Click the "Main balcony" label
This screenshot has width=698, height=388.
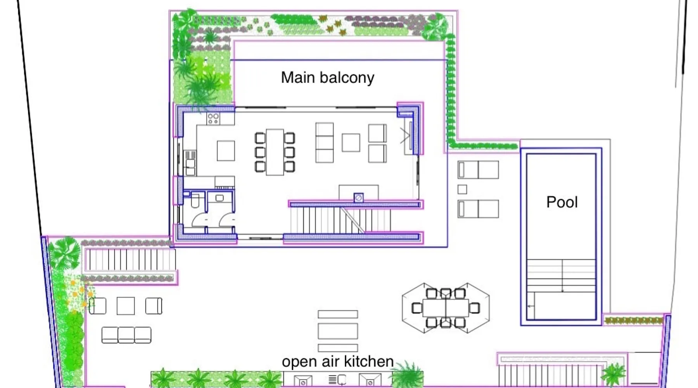tap(328, 78)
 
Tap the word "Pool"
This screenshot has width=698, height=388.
tap(562, 202)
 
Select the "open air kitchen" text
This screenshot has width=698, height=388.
tap(338, 362)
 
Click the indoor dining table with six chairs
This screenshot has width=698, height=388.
tap(275, 152)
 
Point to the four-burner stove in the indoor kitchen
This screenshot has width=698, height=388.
tap(213, 119)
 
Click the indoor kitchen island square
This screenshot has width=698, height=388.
tap(226, 151)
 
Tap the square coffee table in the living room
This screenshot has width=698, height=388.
tap(351, 142)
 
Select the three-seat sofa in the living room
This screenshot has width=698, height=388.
tap(325, 143)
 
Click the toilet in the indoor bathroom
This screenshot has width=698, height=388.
tap(195, 201)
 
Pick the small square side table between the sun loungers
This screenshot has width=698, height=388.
tap(462, 189)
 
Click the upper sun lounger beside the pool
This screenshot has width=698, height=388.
tap(478, 170)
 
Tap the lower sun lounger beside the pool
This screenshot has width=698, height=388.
tap(478, 209)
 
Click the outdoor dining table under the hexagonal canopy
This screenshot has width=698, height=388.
tap(446, 308)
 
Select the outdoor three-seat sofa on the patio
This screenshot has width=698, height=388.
tap(126, 335)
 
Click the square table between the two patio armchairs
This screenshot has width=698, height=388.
tap(126, 306)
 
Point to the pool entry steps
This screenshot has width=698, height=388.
tap(561, 275)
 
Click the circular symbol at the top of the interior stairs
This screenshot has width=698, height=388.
tap(359, 198)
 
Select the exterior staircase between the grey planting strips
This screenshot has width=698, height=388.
tap(130, 260)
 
